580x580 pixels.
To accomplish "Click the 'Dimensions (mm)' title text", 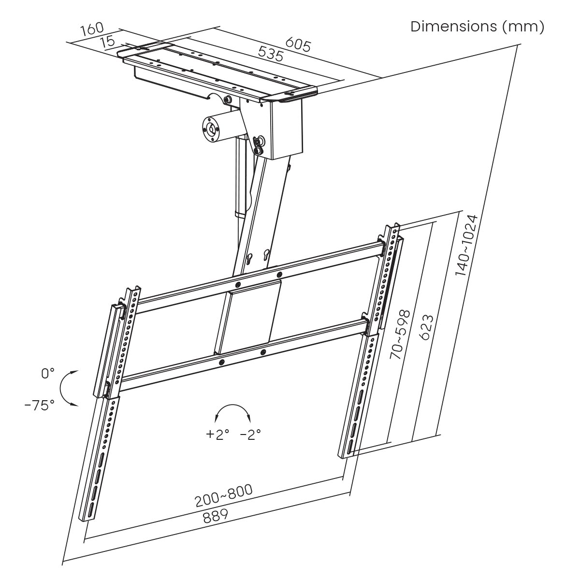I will click(477, 27).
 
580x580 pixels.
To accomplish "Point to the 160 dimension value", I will click(91, 30).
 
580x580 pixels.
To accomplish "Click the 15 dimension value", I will click(109, 42).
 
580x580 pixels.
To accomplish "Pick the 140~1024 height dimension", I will click(467, 246).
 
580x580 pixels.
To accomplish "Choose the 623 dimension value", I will click(425, 328).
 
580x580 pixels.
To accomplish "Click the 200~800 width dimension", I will click(223, 496).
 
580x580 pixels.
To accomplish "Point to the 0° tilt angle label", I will click(48, 374).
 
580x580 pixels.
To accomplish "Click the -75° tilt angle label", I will click(40, 406).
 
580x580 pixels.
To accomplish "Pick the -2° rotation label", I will click(250, 434).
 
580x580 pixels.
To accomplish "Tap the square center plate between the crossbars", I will click(247, 317).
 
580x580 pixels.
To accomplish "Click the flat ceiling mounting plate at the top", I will click(217, 70).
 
